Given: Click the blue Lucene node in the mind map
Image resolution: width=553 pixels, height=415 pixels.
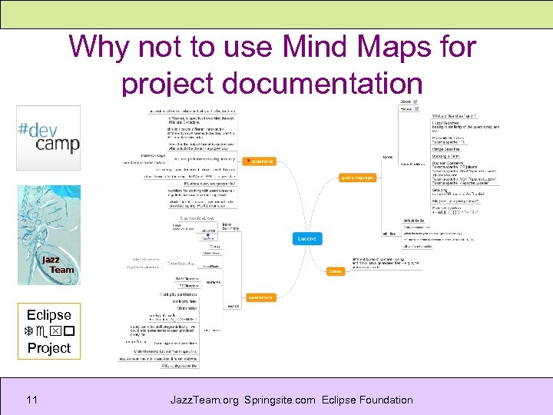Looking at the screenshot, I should (x=306, y=239).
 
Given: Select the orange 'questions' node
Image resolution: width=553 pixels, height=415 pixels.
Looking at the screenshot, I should (x=259, y=161).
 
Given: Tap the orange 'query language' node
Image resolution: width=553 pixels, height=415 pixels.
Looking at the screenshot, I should (x=357, y=178).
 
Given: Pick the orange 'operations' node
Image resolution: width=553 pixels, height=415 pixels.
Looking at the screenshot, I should (x=260, y=297).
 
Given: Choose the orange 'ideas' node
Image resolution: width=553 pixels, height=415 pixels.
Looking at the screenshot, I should (x=336, y=271).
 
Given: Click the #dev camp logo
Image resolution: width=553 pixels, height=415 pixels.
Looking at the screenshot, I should (x=48, y=138).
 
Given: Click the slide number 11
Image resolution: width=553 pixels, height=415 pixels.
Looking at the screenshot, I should (x=31, y=400).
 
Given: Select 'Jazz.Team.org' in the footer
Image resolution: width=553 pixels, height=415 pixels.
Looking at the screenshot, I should (x=205, y=400).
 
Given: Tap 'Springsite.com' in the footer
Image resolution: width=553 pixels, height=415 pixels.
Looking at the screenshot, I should (x=282, y=400).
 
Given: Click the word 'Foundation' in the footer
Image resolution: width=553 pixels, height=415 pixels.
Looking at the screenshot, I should (x=387, y=400).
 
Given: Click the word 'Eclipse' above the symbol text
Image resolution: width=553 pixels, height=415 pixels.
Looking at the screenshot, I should (x=48, y=315).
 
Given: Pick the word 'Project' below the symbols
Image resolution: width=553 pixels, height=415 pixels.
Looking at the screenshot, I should (x=48, y=347).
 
